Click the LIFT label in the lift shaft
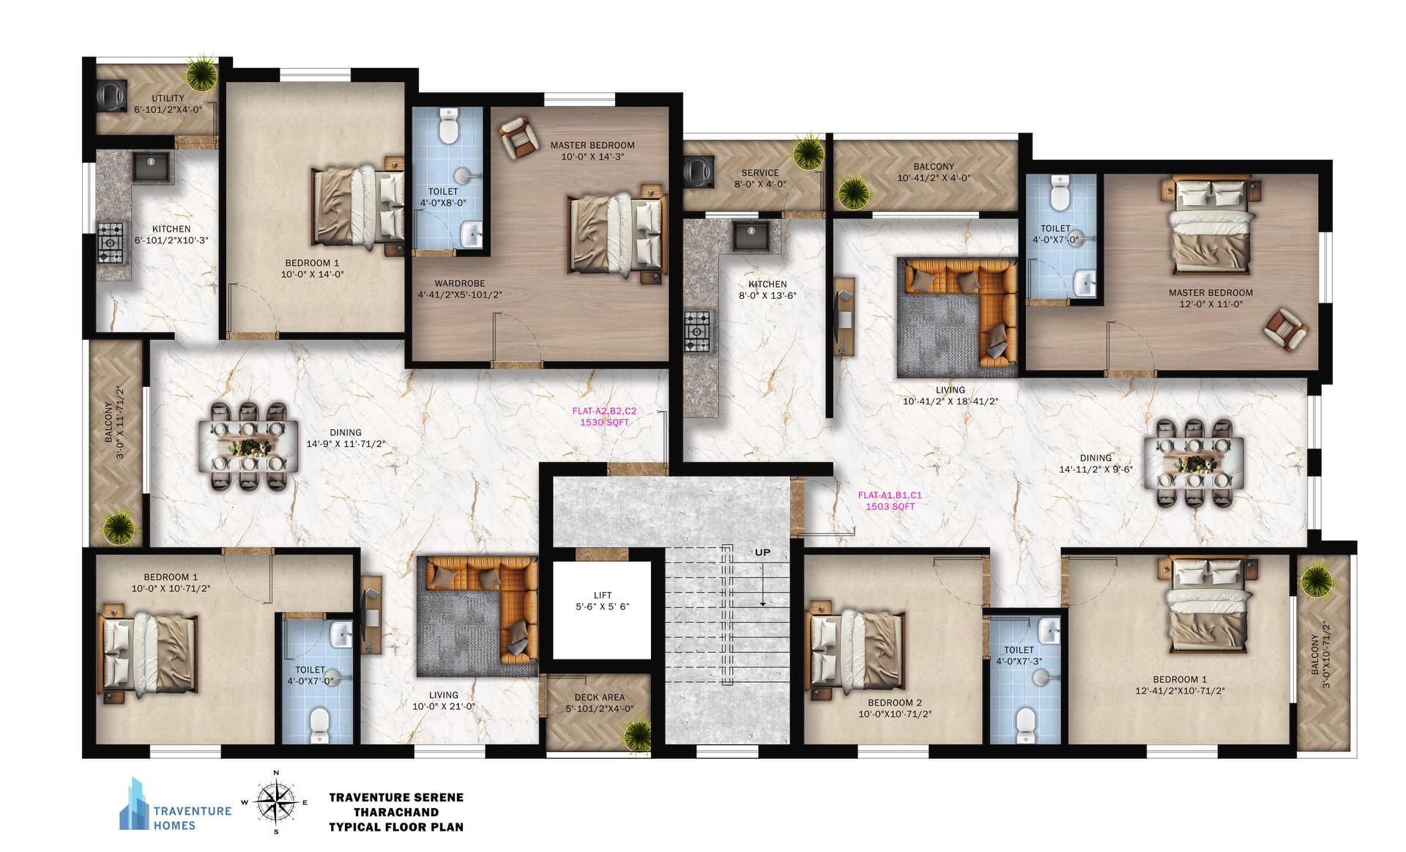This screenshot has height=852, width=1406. [x=603, y=595]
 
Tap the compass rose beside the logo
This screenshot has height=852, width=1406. [x=276, y=802]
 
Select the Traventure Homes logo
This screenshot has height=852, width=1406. [x=176, y=804]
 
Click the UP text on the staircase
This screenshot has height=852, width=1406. [x=762, y=552]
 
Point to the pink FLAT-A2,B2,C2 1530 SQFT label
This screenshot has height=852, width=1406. [x=604, y=417]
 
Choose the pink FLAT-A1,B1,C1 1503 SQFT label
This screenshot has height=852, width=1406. [x=890, y=500]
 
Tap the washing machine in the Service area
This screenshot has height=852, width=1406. [x=697, y=171]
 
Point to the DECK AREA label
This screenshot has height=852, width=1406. [x=600, y=697]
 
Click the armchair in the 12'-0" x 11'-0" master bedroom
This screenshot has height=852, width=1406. [x=1285, y=330]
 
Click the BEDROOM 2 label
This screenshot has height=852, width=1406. [x=895, y=703]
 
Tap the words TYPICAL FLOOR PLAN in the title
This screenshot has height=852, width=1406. [x=396, y=827]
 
